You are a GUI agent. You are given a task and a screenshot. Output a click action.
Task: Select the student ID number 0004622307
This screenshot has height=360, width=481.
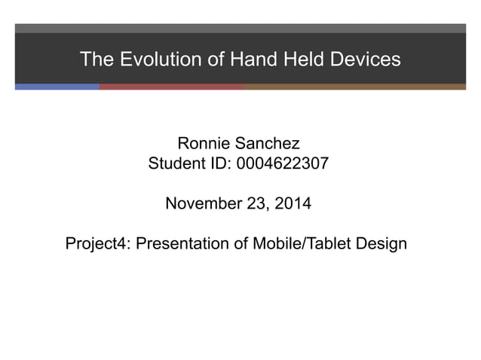pyautogui.click(x=282, y=163)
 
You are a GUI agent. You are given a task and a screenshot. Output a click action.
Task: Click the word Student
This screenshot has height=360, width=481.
pyautogui.click(x=176, y=163)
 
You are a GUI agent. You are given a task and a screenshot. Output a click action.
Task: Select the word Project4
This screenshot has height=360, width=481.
pyautogui.click(x=97, y=244)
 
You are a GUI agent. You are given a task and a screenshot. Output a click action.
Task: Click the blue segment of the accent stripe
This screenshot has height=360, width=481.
pyautogui.click(x=57, y=87)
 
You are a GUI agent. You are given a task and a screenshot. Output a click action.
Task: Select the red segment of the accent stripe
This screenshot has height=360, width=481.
pyautogui.click(x=171, y=87)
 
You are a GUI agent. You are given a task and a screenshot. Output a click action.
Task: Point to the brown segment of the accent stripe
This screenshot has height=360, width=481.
pyautogui.click(x=354, y=87)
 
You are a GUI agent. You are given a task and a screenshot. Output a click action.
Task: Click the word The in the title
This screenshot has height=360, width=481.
pyautogui.click(x=95, y=59)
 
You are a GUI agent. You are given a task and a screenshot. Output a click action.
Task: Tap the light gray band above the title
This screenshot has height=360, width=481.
pyautogui.click(x=240, y=28)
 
